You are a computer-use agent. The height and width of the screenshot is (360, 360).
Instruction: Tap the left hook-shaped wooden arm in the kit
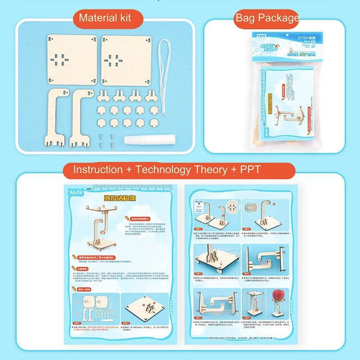click(x=57, y=114)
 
